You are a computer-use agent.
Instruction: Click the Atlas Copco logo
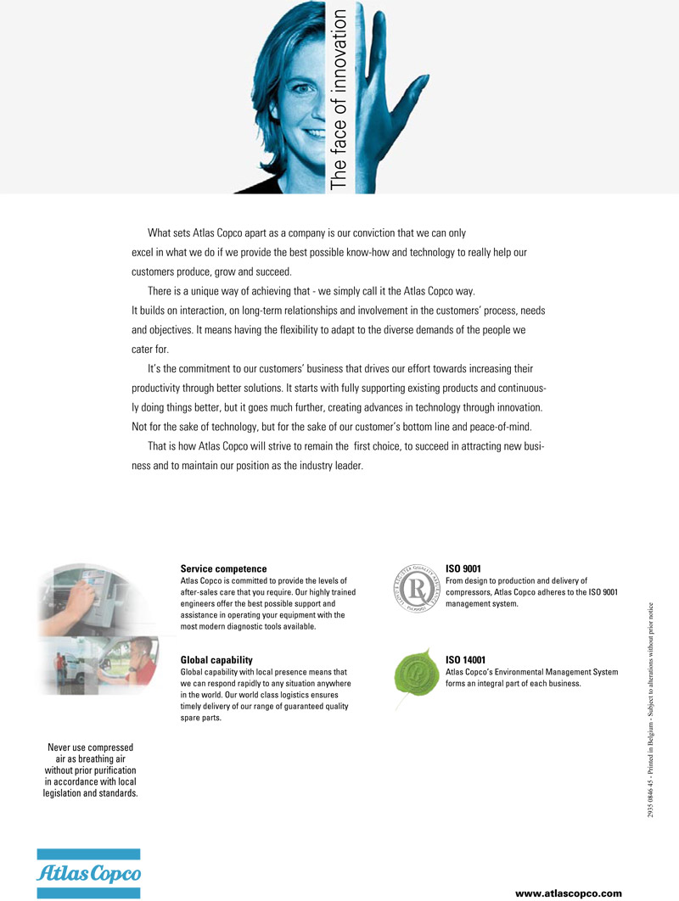[87, 872]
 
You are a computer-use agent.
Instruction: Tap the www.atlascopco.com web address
[569, 893]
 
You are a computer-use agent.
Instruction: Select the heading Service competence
[223, 568]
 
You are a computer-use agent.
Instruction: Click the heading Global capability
[216, 659]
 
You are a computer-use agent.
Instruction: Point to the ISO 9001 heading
[463, 568]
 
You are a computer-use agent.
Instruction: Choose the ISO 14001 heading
[466, 659]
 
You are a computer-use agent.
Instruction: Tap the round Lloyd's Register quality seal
[417, 586]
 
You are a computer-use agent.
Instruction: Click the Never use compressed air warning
[90, 770]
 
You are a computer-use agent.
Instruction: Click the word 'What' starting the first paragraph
[160, 232]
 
